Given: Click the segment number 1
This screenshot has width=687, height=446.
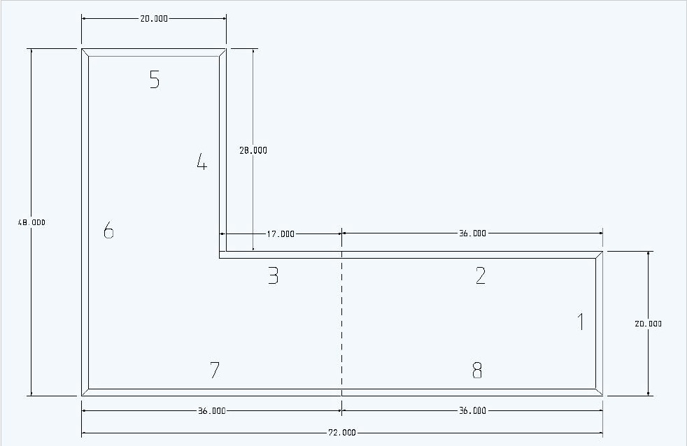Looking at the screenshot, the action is (x=580, y=322).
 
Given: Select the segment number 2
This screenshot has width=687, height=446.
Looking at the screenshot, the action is (x=480, y=276).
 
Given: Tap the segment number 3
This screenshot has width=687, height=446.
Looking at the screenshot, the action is (x=273, y=276).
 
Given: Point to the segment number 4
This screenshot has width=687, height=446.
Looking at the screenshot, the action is (x=201, y=164).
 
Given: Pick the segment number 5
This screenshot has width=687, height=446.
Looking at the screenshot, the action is (x=155, y=80).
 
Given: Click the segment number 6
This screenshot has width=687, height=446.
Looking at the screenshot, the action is (x=108, y=230).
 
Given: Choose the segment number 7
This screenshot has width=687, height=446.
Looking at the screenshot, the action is (x=215, y=371).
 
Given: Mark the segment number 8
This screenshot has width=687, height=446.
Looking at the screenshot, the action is (x=477, y=371).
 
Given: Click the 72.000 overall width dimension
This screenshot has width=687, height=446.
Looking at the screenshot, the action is (x=342, y=433).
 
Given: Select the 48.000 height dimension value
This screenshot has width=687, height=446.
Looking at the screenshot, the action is (x=31, y=222).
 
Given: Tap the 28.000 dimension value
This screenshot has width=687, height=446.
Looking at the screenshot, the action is (x=253, y=150).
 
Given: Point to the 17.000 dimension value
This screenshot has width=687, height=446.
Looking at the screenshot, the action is (x=281, y=234).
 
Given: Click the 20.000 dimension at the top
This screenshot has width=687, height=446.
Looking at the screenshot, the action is (x=154, y=19).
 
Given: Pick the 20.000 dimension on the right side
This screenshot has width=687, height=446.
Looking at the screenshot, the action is (x=648, y=324).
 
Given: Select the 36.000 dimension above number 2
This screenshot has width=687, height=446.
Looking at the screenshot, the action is (x=472, y=234).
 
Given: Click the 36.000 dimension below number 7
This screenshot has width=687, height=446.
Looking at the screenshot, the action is (x=211, y=411).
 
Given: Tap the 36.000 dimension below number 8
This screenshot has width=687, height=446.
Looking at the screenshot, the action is (x=472, y=411).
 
